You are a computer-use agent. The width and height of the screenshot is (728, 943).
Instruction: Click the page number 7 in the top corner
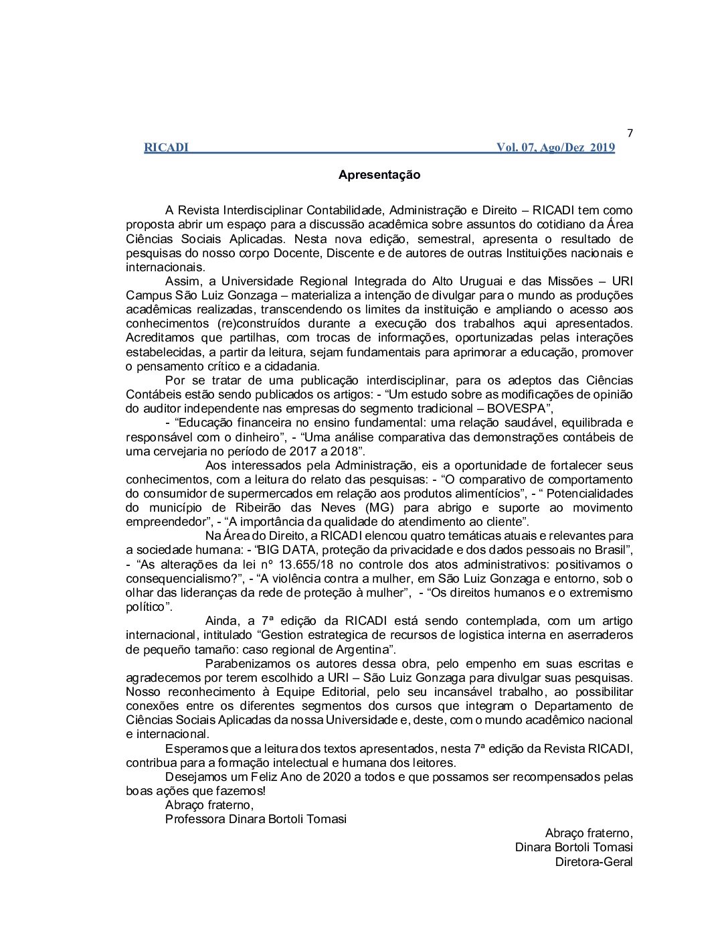[630, 133]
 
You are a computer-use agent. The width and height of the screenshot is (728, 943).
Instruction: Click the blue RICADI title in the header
[166, 148]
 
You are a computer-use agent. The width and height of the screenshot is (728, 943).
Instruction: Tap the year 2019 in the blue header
[602, 148]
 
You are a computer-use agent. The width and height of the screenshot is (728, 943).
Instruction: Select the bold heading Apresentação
[379, 175]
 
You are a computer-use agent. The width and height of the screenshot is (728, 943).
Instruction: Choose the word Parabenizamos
[248, 664]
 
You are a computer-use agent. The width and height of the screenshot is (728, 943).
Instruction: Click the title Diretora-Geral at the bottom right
[594, 862]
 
